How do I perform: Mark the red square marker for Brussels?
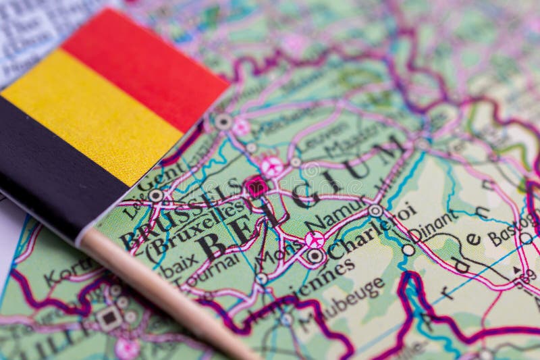256,186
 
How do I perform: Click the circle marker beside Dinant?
408,249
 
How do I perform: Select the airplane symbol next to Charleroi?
314,238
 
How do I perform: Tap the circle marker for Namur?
375,211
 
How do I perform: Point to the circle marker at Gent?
156,195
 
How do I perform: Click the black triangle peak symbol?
516,270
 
